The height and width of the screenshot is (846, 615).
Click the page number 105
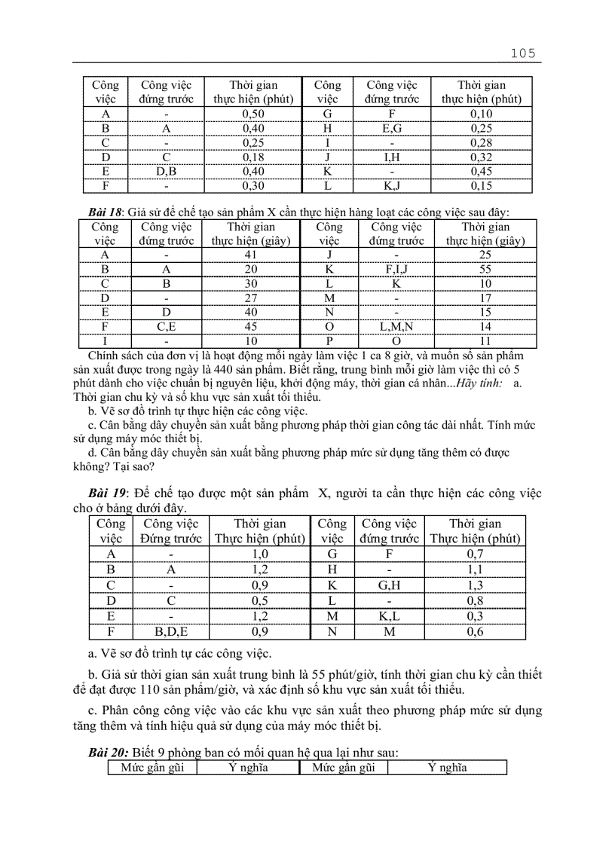coord(522,53)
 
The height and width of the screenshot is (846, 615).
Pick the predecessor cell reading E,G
coord(392,128)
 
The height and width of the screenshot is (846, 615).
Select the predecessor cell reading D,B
coord(167,171)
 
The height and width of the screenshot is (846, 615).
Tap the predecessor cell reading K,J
coord(392,185)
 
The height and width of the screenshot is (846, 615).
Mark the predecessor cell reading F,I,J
coord(397,269)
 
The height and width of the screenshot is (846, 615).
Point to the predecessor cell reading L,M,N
coord(397,326)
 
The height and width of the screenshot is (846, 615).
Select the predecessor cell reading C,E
coord(167,326)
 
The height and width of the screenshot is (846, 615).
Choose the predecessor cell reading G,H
coord(389,585)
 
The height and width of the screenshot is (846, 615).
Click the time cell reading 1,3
coord(475,585)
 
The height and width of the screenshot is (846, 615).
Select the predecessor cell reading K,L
coord(389,616)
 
